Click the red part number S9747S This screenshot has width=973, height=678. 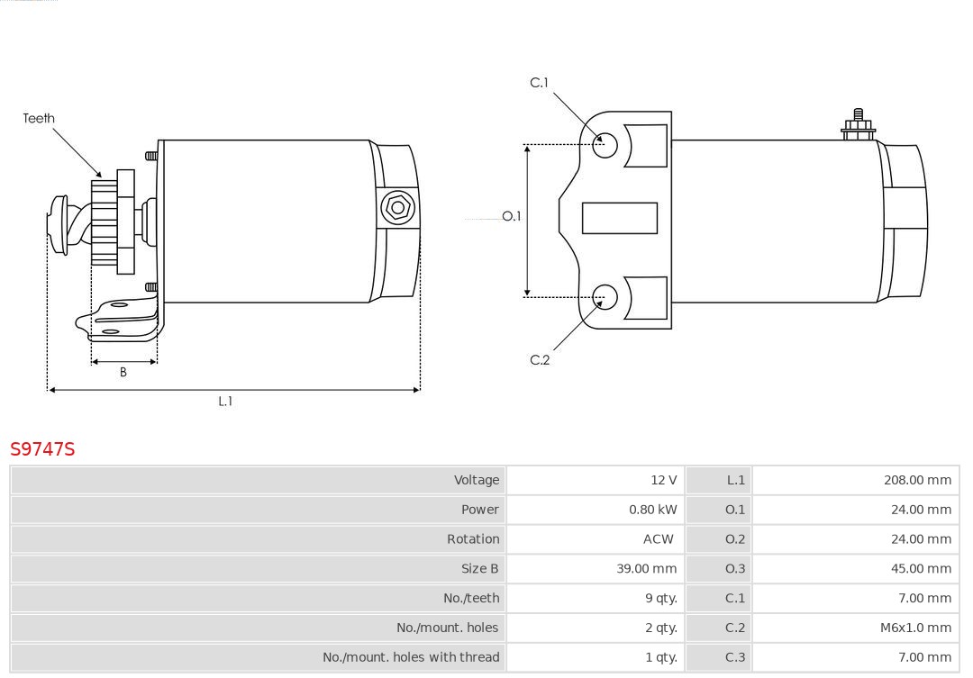tap(42, 448)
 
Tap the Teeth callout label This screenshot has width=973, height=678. tap(39, 118)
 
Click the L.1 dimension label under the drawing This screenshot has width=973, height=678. tap(225, 402)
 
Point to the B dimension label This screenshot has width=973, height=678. tap(123, 372)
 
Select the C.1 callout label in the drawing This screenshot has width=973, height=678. tap(540, 83)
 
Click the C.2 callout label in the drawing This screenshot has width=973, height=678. tap(540, 360)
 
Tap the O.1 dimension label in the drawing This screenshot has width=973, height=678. tap(512, 216)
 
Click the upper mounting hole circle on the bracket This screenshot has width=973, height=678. tap(605, 145)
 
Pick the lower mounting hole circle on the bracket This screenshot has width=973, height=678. tap(605, 297)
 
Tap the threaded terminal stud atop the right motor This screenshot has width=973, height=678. tap(859, 124)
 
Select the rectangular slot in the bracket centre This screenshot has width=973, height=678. tap(619, 219)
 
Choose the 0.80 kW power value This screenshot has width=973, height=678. tap(653, 510)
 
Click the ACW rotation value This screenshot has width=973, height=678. tap(658, 539)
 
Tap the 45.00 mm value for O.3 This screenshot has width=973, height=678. tap(921, 568)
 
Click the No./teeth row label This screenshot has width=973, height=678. tap(471, 598)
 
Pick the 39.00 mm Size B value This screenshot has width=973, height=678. tap(647, 568)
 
